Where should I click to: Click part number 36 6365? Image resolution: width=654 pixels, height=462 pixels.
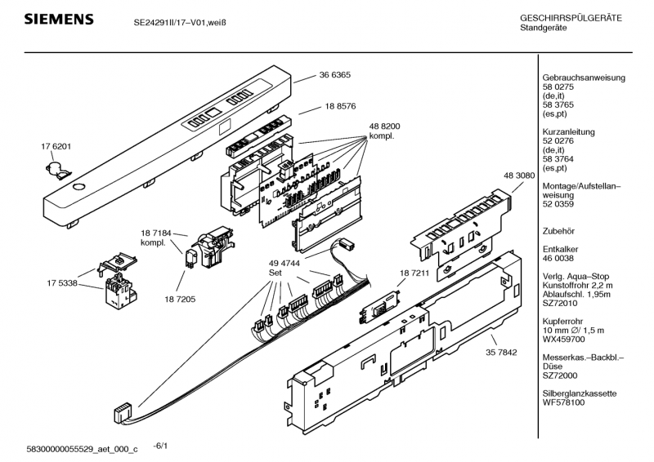pos(334,75)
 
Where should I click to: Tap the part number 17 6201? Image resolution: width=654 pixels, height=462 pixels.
pos(56,146)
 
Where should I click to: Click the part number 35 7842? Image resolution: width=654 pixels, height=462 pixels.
pos(502,353)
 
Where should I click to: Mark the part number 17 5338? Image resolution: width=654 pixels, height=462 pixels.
pos(62,283)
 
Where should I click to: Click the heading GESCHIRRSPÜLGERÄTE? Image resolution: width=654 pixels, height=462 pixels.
pos(571,18)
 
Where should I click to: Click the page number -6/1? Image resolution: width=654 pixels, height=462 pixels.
pos(160,446)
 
